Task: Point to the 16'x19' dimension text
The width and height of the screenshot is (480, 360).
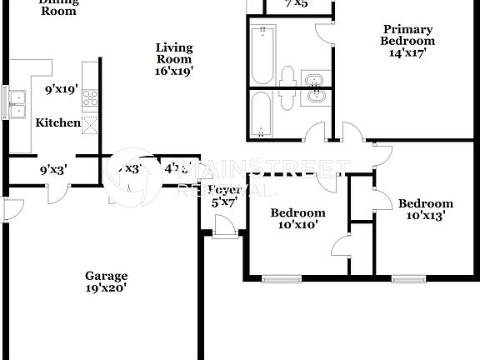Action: tap(174, 72)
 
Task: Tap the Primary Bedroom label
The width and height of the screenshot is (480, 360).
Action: tap(407, 35)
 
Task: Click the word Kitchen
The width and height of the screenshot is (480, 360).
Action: tap(57, 123)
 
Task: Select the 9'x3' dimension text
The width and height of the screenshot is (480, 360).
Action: tap(53, 169)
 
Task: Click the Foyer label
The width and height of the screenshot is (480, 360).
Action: tap(224, 189)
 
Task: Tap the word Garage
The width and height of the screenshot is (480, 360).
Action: tap(107, 276)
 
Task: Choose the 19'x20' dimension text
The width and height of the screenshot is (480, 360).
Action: tap(107, 288)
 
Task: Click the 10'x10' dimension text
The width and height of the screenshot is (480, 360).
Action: tap(297, 224)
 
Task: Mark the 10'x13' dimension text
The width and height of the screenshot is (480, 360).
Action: tap(426, 216)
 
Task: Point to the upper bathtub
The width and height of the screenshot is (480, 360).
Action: tap(262, 53)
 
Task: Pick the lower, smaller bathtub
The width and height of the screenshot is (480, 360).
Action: tap(262, 112)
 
